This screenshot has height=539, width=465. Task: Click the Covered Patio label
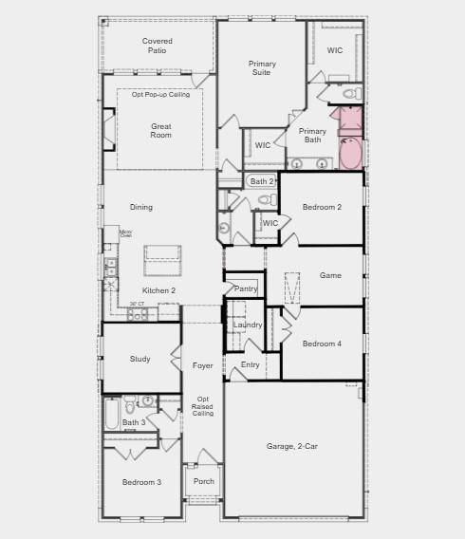157,46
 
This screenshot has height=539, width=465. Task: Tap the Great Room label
161,131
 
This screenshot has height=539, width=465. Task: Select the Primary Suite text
263,68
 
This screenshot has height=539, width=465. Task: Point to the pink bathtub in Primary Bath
350,153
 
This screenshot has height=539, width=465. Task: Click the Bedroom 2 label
322,207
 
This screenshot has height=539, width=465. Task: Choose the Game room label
330,275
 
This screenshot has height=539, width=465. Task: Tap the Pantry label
246,288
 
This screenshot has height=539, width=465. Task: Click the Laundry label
248,325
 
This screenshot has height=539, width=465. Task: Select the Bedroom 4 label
322,344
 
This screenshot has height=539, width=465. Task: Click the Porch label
203,481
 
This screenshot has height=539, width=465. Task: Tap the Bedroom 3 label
142,482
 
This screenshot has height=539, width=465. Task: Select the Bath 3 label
134,422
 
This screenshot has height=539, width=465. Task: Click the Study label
140,359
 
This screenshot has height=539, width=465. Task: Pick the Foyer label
203,365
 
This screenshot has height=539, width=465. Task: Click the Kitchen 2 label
158,290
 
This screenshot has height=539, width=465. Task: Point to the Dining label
140,207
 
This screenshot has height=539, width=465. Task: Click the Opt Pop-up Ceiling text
160,95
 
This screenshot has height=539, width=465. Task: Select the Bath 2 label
262,181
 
